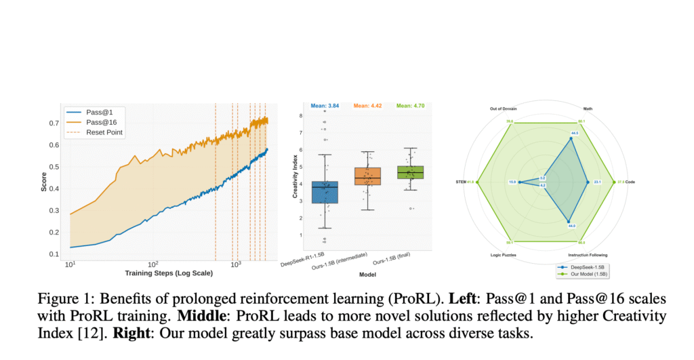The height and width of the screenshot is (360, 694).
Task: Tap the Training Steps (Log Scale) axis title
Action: click(169, 273)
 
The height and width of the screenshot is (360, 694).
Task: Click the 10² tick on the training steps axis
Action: click(153, 263)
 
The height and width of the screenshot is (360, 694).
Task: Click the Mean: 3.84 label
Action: click(325, 106)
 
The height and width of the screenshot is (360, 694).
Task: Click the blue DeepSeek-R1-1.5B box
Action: click(325, 192)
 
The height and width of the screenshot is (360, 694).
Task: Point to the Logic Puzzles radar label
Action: click(504, 255)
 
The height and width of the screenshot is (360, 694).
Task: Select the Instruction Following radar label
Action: click(588, 255)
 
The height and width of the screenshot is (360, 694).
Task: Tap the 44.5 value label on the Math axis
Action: click(574, 134)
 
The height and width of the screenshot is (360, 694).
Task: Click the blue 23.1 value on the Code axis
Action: click(597, 182)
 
